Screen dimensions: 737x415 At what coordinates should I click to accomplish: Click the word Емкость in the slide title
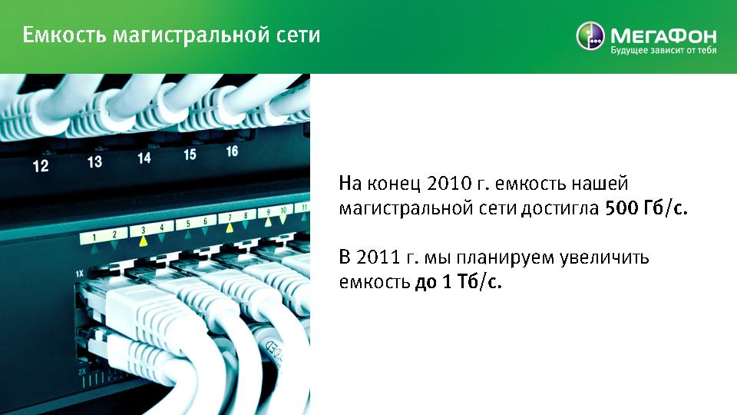(64, 35)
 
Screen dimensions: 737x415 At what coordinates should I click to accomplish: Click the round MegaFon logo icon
(590, 35)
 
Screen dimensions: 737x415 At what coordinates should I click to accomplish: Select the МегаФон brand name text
(663, 36)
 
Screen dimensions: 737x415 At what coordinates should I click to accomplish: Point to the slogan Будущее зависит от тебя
(663, 51)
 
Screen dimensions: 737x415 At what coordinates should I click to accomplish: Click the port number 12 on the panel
(41, 166)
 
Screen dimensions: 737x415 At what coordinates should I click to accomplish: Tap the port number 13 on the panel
(94, 162)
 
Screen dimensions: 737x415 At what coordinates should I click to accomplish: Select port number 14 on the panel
(144, 158)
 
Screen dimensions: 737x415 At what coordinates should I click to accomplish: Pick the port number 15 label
(190, 154)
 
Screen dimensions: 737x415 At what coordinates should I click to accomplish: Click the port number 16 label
(232, 151)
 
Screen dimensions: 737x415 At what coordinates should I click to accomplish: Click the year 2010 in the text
(448, 184)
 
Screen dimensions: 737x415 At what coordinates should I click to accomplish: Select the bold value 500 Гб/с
(646, 208)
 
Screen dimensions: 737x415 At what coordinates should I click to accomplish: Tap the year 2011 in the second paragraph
(378, 257)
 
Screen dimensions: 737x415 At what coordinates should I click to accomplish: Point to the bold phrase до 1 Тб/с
(458, 282)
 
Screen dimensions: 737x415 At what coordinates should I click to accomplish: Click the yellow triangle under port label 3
(144, 241)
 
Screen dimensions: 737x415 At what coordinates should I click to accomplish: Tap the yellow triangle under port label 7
(230, 227)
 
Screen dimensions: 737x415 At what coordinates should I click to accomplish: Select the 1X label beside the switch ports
(79, 274)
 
